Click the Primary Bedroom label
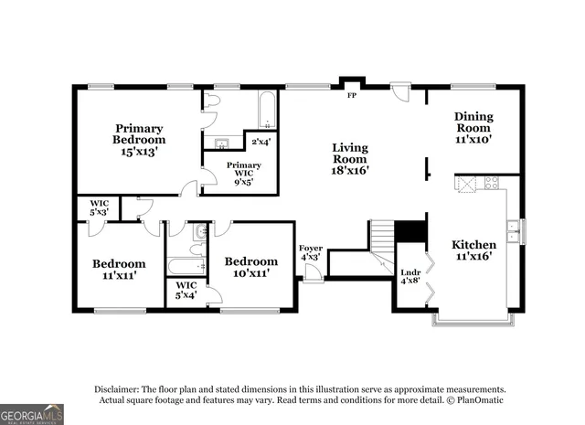(140, 140)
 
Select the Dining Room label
(473, 128)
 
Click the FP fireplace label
(350, 95)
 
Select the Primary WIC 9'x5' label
(243, 173)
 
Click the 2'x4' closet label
(261, 142)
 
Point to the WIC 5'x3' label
(99, 207)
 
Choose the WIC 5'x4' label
(186, 290)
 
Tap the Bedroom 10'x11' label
(250, 267)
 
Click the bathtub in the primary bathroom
(266, 111)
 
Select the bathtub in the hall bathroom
(186, 268)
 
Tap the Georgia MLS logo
(32, 414)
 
